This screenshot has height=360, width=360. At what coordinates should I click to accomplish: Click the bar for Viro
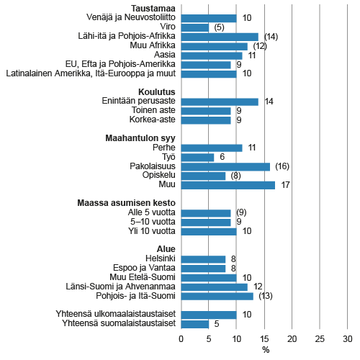(x=194, y=27)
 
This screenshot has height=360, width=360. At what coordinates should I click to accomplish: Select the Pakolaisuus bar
(x=225, y=166)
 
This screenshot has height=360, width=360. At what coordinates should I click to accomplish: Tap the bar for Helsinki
(x=203, y=258)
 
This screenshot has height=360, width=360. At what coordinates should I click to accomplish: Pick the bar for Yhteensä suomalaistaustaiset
(x=194, y=323)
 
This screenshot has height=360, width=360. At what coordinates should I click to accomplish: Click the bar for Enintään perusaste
(x=220, y=102)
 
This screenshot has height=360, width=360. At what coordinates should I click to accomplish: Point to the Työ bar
(x=197, y=157)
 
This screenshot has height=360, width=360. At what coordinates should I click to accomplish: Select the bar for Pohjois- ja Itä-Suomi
(x=217, y=296)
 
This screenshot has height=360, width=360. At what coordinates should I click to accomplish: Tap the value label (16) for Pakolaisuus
(x=282, y=166)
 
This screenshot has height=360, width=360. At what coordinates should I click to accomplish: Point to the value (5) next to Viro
(x=219, y=27)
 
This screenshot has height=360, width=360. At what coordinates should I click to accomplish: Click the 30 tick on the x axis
(x=348, y=339)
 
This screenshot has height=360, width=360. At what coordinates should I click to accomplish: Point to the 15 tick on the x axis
(x=264, y=339)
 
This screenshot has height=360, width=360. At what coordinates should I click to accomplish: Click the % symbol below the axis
(x=265, y=350)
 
